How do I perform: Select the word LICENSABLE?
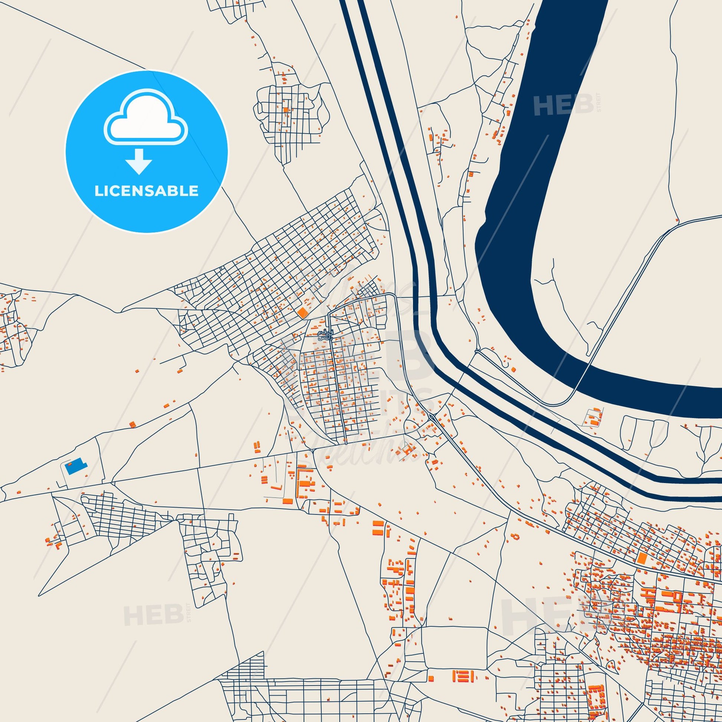146,191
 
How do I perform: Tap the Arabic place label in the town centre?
325,334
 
